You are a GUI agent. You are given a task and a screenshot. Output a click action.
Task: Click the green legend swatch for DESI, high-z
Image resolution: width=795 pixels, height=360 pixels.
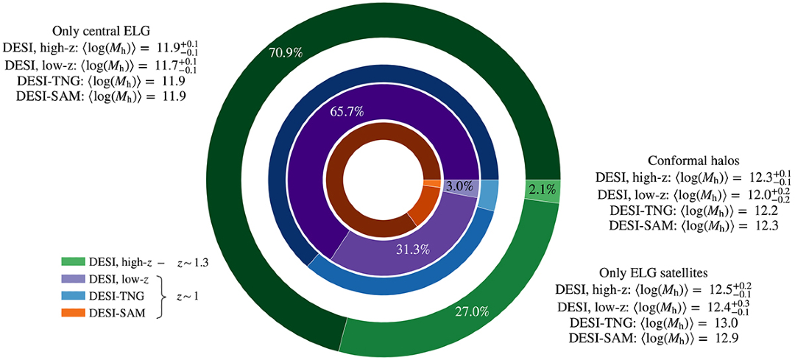(74, 261)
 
